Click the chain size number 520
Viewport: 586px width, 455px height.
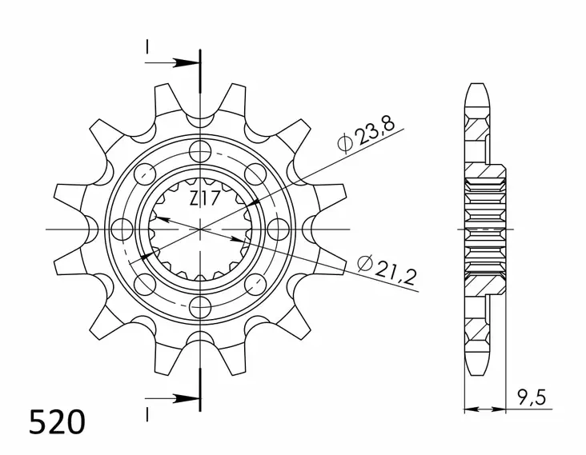point(56,421)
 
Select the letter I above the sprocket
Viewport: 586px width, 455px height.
point(146,47)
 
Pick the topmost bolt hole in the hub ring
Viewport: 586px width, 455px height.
point(199,150)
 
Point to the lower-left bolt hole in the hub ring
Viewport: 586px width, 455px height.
point(144,284)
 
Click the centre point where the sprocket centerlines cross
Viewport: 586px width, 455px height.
point(199,229)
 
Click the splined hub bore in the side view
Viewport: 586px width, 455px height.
point(485,229)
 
